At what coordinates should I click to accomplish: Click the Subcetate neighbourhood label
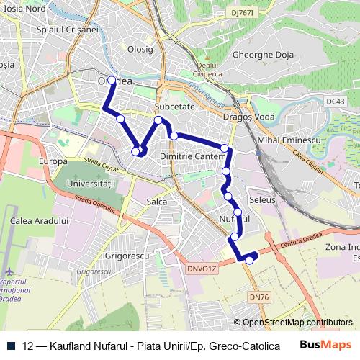pyautogui.click(x=175, y=106)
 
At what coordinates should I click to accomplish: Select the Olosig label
pyautogui.click(x=140, y=50)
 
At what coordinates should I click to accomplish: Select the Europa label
pyautogui.click(x=53, y=161)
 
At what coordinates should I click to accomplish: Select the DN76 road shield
pyautogui.click(x=258, y=297)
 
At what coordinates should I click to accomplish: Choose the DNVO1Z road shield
pyautogui.click(x=202, y=269)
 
